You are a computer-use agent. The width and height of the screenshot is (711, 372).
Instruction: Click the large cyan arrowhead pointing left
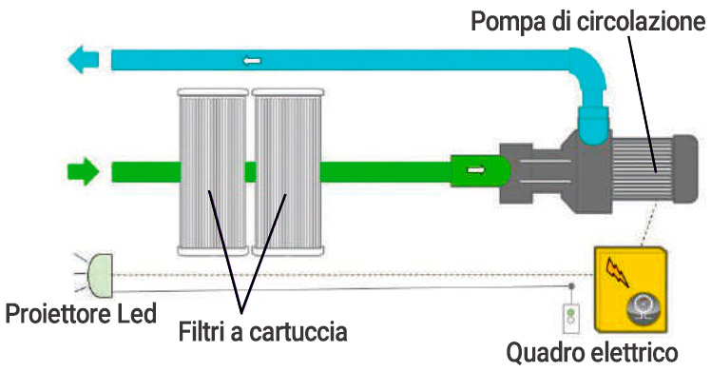pyautogui.click(x=83, y=62)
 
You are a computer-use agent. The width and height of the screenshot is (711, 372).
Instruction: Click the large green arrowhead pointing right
pyautogui.click(x=84, y=173)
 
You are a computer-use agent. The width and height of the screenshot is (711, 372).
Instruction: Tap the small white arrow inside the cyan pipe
pyautogui.click(x=252, y=62)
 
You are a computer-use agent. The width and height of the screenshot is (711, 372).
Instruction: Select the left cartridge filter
pyautogui.click(x=214, y=171)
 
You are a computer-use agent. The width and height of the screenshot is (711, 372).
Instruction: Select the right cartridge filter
pyautogui.click(x=287, y=171)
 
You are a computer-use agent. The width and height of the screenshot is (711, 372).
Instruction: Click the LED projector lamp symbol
pyautogui.click(x=99, y=273)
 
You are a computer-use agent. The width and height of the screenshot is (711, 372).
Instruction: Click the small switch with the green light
pyautogui.click(x=570, y=314)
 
